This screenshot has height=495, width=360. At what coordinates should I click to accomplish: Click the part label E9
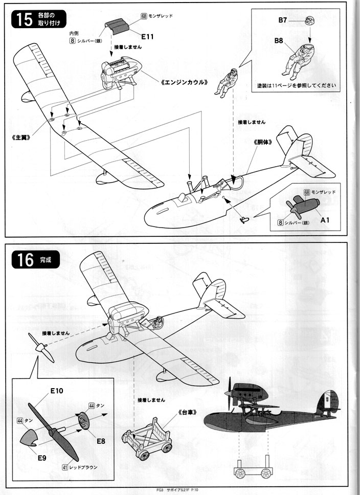click(x=41, y=457)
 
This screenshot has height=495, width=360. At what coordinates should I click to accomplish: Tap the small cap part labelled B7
click(x=310, y=21)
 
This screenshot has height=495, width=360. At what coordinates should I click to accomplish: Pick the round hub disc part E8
click(x=82, y=423)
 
